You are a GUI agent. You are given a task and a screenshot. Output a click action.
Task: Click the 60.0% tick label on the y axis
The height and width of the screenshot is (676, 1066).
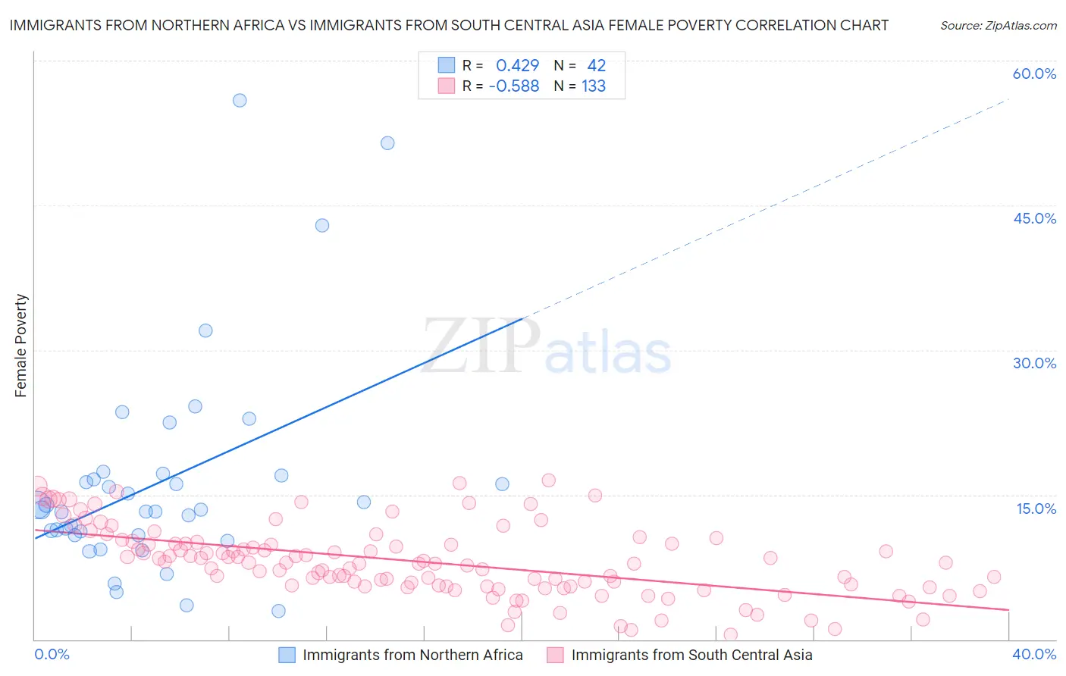tap(1034, 74)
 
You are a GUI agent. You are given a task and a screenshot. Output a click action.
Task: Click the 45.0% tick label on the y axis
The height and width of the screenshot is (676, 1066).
tap(1034, 218)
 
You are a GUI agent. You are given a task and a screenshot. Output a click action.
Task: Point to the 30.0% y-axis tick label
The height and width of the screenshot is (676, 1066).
tap(1034, 363)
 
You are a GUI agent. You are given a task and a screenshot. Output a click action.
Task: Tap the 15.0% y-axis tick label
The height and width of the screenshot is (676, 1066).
tap(1036, 509)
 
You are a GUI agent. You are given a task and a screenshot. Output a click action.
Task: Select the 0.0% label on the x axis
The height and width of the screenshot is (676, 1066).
tap(52, 654)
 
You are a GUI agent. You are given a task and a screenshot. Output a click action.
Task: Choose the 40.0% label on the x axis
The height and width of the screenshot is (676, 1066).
tap(1033, 654)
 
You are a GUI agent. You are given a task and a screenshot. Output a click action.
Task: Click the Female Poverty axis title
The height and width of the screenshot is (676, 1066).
tap(20, 346)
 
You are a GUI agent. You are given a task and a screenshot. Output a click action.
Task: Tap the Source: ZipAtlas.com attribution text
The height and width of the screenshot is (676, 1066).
tap(998, 25)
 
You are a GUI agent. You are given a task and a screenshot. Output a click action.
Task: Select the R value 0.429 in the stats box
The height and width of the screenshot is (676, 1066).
tap(517, 66)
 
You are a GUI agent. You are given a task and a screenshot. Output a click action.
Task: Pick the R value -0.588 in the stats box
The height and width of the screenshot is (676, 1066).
tap(514, 86)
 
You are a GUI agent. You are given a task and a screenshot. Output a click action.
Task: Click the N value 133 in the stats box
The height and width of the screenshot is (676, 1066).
tap(594, 86)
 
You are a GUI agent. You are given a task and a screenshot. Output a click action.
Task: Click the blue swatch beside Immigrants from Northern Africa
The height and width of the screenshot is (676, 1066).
tap(287, 655)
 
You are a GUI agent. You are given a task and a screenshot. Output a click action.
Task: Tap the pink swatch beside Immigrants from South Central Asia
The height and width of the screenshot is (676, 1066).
tap(555, 655)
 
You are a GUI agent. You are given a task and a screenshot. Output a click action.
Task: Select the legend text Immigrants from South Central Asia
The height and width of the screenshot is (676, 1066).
tap(691, 655)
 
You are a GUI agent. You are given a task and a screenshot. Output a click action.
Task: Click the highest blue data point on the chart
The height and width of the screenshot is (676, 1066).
tap(240, 100)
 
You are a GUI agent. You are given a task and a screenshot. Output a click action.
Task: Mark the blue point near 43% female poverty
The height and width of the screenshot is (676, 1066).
tap(322, 225)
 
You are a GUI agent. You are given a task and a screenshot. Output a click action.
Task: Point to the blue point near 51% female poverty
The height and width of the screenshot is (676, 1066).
tap(387, 142)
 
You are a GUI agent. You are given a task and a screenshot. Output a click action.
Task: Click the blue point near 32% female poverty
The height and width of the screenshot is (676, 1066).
tap(205, 330)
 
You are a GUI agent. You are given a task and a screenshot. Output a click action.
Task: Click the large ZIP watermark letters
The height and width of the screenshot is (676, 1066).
tap(481, 346)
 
